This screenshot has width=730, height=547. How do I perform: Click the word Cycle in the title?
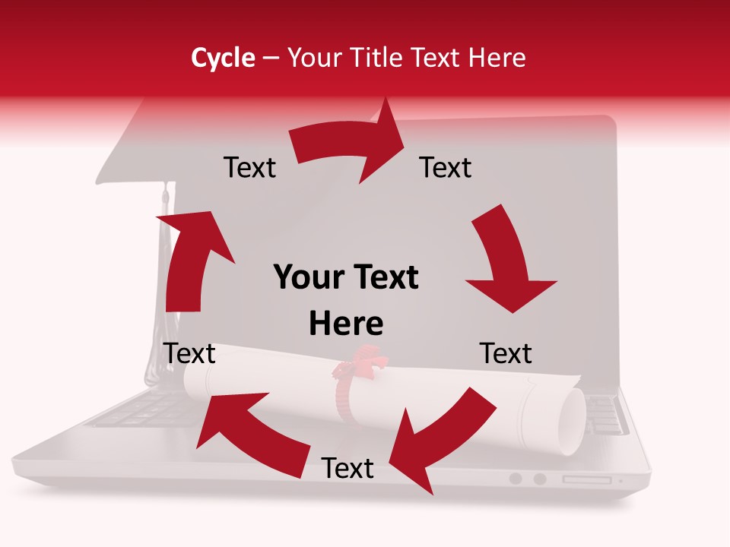click(223, 58)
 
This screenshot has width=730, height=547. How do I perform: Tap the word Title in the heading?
click(376, 58)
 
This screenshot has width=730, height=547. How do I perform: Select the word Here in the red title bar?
click(497, 58)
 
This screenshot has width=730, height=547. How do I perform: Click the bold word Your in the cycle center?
click(308, 277)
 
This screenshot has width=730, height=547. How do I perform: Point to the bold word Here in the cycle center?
click(346, 324)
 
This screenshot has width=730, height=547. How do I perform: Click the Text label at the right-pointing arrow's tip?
click(446, 167)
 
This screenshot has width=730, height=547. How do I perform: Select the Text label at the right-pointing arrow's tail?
click(249, 167)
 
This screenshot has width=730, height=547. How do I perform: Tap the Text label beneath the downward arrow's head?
click(506, 353)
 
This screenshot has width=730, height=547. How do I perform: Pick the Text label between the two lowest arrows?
click(348, 468)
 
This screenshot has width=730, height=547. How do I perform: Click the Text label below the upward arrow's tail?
click(189, 353)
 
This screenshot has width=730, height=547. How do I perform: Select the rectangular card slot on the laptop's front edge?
click(586, 479)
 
